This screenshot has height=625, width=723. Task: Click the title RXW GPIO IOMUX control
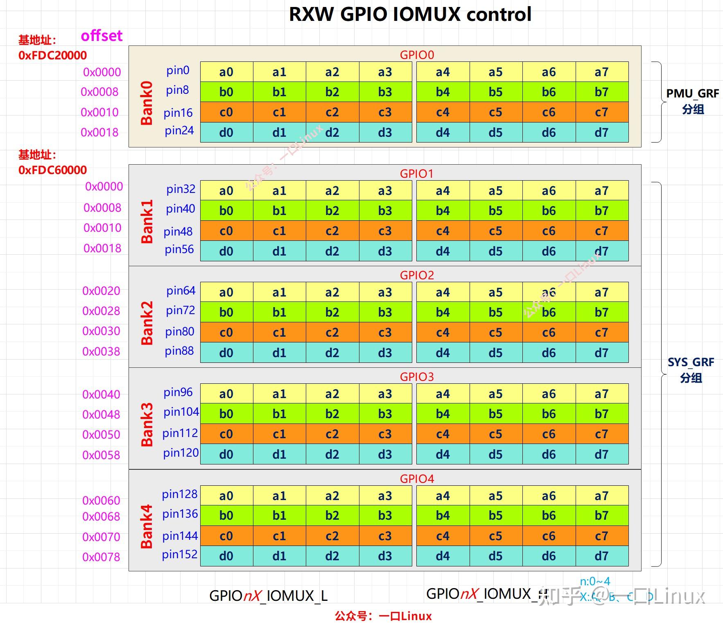(x=410, y=15)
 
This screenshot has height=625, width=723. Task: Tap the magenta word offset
(x=102, y=36)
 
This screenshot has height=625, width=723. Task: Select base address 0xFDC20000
(x=52, y=55)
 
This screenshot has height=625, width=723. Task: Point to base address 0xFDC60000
(x=52, y=170)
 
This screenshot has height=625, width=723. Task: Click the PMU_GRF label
(x=692, y=94)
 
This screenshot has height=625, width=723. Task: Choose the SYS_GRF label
(x=691, y=362)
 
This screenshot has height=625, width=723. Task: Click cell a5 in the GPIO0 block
(x=496, y=72)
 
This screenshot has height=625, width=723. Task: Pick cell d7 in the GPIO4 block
(x=602, y=556)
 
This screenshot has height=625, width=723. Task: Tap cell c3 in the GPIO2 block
(x=385, y=333)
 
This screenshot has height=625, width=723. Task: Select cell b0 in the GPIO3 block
(x=226, y=414)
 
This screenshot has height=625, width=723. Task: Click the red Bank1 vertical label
(x=147, y=221)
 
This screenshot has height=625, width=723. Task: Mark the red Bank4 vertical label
(x=147, y=526)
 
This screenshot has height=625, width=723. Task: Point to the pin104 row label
(x=181, y=412)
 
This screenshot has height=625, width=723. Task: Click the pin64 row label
(x=181, y=291)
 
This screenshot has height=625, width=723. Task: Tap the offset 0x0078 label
(x=101, y=557)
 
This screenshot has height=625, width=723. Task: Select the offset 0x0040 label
(x=101, y=394)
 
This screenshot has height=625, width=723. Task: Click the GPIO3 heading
(x=417, y=377)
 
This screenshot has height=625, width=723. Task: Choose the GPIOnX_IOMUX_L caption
(x=268, y=596)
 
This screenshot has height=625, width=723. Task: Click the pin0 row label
(x=178, y=70)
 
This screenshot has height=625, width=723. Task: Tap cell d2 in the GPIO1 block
(x=332, y=251)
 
